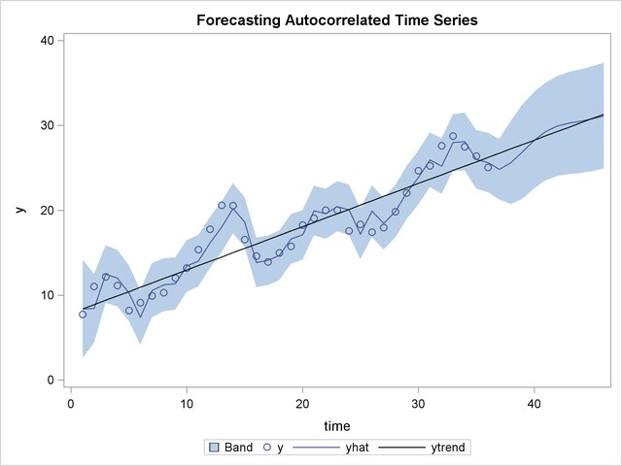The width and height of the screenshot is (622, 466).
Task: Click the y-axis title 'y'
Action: pos(19,210)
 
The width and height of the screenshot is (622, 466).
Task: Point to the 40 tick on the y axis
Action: pos(47,40)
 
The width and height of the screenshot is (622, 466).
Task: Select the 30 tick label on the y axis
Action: pos(47,125)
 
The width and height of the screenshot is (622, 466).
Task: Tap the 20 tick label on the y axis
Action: pos(47,210)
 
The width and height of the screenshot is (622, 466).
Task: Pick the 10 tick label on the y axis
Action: pos(47,295)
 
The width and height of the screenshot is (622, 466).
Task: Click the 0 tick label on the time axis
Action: pos(71,401)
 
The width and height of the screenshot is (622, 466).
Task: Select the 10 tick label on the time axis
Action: pos(187,401)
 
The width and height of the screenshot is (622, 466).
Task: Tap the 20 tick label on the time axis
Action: pos(302,401)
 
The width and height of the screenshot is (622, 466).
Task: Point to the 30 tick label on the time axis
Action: pos(418,401)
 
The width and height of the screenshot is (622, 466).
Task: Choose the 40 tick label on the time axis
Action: pos(534,401)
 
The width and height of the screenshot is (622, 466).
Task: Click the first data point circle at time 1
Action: pos(83,315)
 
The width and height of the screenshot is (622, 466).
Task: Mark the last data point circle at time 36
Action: pos(488,167)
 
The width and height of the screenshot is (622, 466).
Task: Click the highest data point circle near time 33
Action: pos(453,136)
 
